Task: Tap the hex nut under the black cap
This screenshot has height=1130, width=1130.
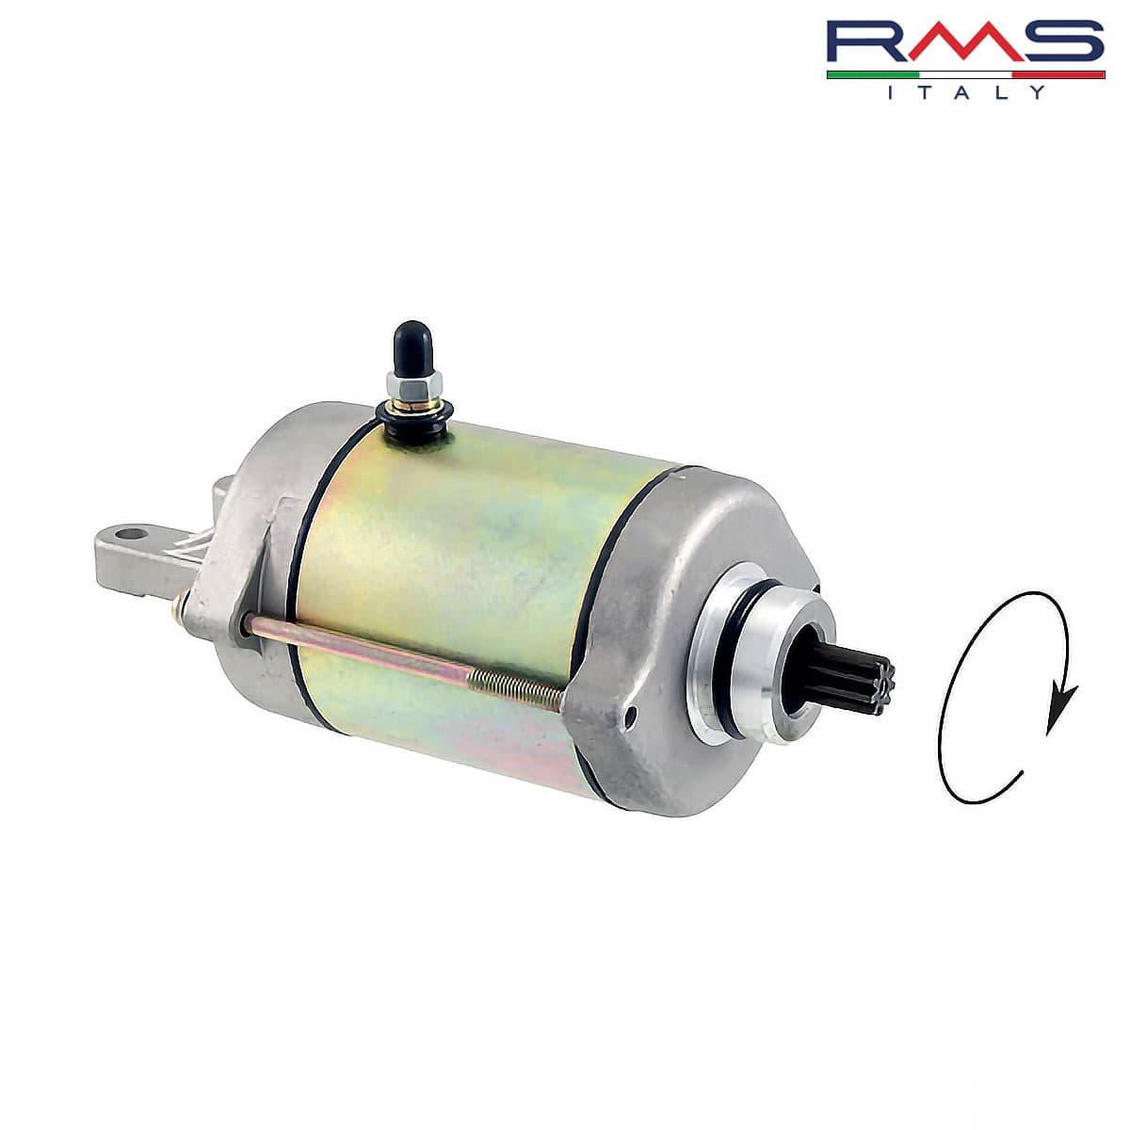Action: (413, 384)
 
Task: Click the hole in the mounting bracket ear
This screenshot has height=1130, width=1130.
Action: (131, 534)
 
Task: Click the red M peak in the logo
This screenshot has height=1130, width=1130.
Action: (961, 41)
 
